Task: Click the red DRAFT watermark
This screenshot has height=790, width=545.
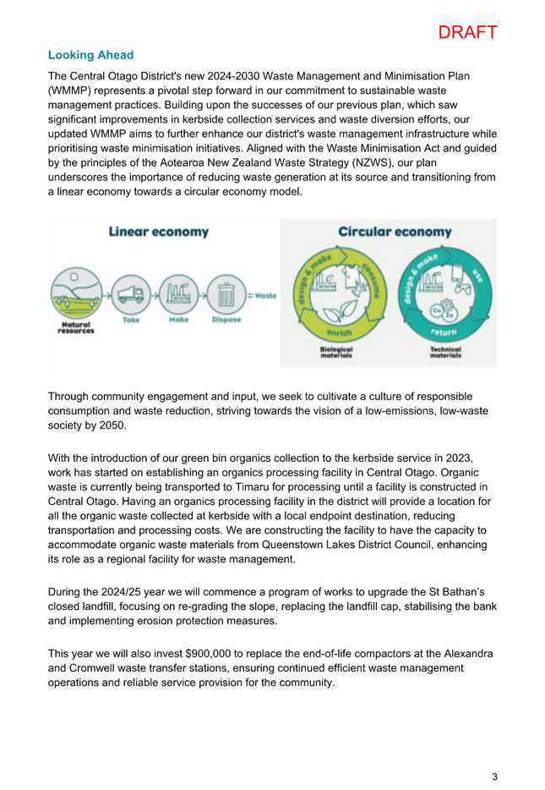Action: [467, 32]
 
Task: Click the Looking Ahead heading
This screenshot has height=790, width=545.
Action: [90, 55]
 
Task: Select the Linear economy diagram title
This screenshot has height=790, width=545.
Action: [159, 232]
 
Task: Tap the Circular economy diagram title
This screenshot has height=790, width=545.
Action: [395, 232]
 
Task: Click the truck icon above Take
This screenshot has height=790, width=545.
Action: [131, 294]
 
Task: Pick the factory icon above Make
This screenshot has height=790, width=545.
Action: [178, 294]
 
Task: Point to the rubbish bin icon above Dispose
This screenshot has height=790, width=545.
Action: [226, 294]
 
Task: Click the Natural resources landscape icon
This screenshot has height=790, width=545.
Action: [77, 293]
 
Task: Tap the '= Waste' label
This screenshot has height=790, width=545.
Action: [262, 296]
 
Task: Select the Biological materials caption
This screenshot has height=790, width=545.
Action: [336, 352]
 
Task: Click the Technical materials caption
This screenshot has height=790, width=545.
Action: [445, 352]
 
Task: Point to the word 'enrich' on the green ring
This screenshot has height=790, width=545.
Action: [339, 332]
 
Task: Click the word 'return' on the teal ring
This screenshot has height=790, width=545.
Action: [444, 332]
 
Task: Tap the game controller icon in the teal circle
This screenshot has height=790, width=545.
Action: [462, 288]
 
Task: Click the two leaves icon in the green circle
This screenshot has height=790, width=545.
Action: [341, 311]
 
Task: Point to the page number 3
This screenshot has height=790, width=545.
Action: [494, 776]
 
